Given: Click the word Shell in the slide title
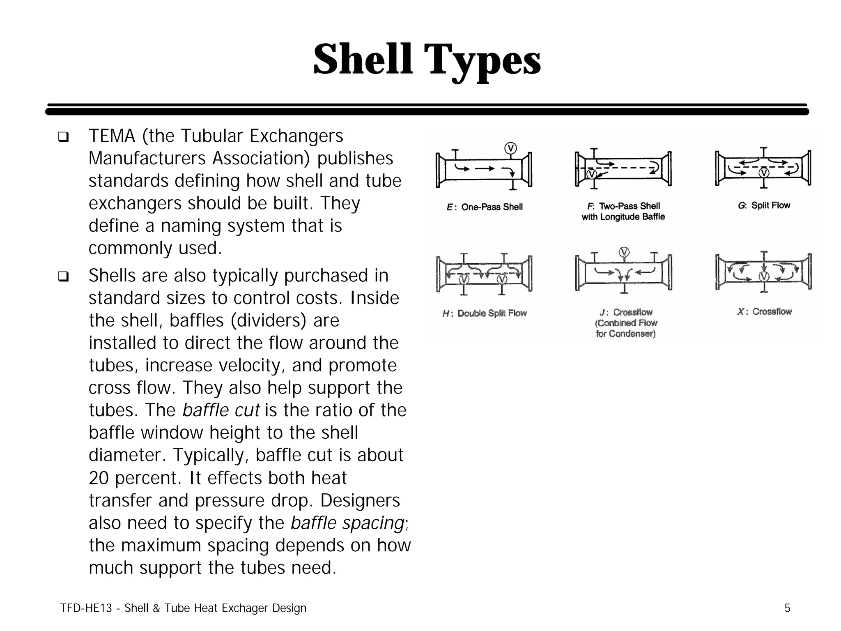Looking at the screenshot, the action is [363, 60].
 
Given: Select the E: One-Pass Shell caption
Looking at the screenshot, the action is [485, 207].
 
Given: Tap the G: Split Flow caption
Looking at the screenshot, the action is [764, 205].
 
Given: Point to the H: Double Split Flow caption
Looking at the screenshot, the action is [485, 313].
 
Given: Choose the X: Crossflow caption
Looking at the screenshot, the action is [764, 312].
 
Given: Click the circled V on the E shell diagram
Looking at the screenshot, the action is [510, 148].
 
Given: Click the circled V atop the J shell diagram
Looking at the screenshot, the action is [624, 252].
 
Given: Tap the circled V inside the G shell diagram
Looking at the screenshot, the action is [764, 173].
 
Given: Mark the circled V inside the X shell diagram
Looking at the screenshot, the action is [764, 276].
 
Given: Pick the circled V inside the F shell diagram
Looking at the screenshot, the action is [591, 174].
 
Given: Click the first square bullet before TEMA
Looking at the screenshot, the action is [63, 137].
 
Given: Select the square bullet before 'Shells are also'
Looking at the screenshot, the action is [63, 276].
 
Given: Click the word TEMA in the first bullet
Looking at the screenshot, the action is [112, 136].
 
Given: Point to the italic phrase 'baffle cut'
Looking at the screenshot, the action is [221, 410].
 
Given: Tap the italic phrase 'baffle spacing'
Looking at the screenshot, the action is [347, 523].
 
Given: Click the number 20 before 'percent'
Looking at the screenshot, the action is [99, 478].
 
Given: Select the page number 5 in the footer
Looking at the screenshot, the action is [787, 608].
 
